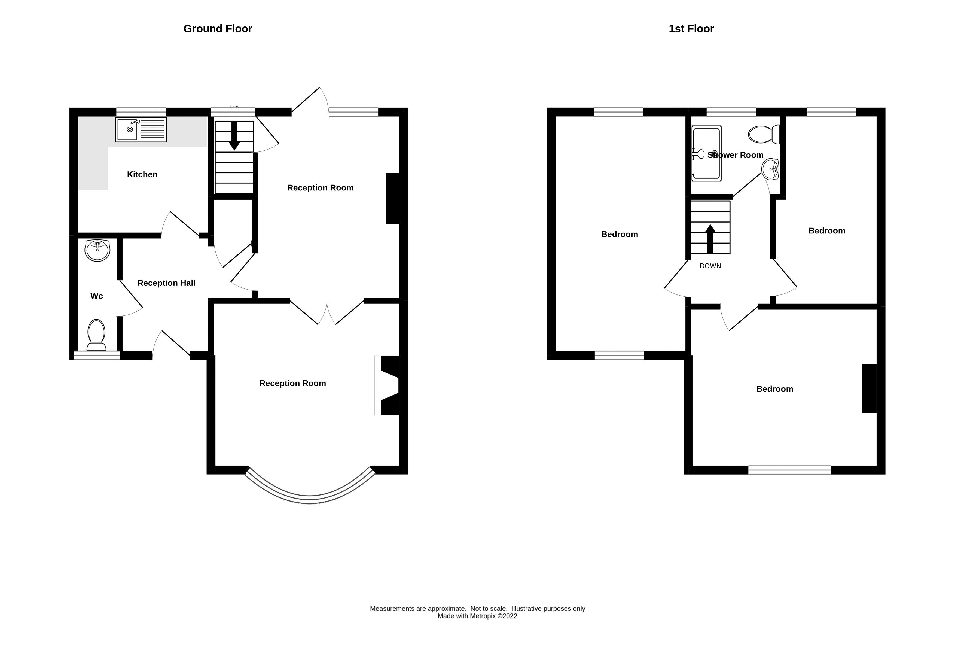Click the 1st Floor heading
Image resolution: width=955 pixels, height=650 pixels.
click(691, 29)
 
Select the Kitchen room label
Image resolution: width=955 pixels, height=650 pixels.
click(142, 174)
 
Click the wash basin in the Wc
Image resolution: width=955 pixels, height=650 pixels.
click(97, 250)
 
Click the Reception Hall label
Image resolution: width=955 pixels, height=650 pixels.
click(166, 283)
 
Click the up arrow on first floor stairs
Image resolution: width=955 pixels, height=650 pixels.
click(710, 238)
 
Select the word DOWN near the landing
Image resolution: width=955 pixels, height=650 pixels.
click(710, 266)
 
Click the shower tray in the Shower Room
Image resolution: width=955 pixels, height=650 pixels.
click(706, 153)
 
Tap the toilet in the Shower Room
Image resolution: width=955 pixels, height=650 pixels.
click(764, 134)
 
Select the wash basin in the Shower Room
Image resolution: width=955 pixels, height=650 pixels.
click(770, 169)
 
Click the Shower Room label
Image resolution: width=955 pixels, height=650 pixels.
click(735, 155)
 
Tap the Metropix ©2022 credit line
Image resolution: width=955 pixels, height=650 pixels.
click(477, 616)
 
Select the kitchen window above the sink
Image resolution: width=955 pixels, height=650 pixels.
click(141, 112)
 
